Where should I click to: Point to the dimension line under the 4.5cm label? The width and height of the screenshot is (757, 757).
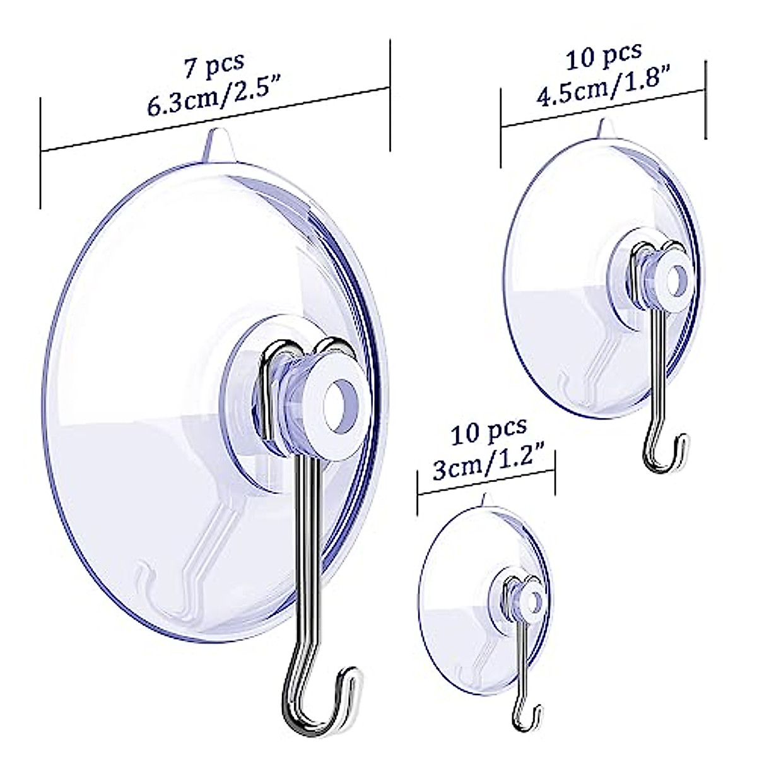coord(602,108)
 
